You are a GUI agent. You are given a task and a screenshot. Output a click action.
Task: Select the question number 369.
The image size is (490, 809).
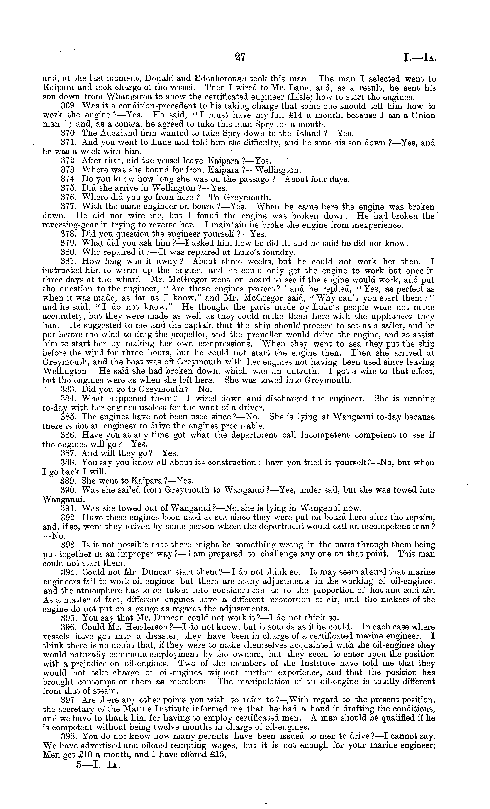70,106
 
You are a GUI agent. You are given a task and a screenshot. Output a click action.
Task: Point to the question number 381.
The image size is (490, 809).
70,262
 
